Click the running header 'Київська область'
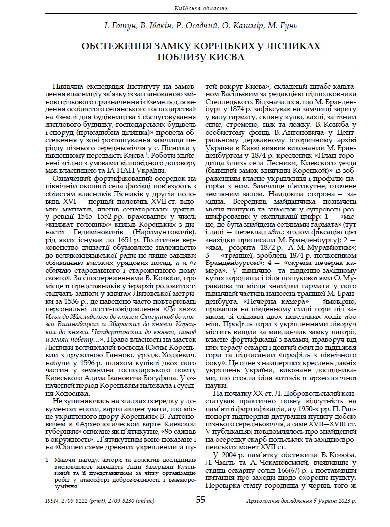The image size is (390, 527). coord(195,8)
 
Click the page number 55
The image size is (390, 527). coord(201,500)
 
